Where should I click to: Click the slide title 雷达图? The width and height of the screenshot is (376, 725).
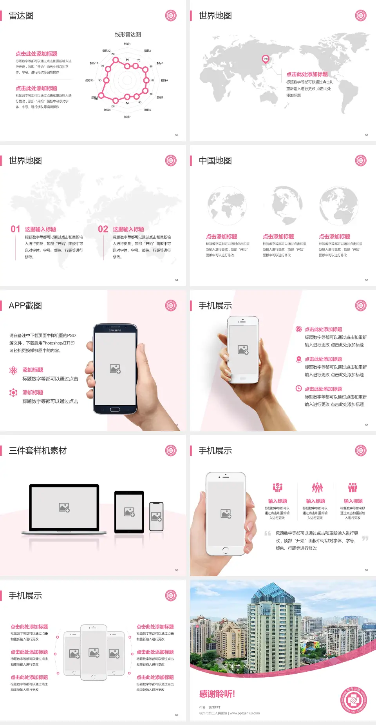[21, 16]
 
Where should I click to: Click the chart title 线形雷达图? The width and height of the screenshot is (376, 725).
[128, 34]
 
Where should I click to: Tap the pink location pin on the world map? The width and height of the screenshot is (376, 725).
[265, 59]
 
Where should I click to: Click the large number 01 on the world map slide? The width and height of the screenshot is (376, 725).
[15, 229]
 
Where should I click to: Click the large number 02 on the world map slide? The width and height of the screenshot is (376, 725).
[103, 229]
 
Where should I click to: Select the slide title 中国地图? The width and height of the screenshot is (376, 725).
[215, 161]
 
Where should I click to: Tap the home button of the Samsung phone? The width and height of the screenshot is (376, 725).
[115, 410]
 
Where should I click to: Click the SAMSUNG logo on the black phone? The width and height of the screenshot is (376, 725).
[115, 330]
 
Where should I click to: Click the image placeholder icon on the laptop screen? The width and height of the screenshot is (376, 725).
[64, 507]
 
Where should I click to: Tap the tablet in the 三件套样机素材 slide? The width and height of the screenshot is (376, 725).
[129, 511]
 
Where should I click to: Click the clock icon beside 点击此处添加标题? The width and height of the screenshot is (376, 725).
[298, 388]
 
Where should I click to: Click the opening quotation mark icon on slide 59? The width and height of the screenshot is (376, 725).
[268, 533]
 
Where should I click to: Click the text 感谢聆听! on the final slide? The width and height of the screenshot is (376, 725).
[217, 694]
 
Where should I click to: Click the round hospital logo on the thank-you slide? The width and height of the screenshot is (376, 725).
[353, 700]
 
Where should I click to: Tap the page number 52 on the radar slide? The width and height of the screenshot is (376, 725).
[177, 135]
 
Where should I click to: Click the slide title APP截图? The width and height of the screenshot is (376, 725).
[25, 306]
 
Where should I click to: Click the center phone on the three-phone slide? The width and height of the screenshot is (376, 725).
[94, 652]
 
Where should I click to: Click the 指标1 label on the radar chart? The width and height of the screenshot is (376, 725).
[127, 44]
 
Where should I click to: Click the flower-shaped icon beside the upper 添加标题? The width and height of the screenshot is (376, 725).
[13, 370]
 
